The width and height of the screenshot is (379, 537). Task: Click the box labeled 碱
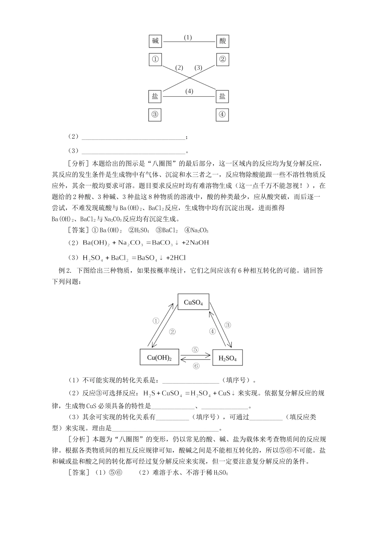(155, 41)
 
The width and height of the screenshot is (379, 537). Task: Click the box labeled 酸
(222, 41)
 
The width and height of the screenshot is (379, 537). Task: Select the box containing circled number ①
(155, 60)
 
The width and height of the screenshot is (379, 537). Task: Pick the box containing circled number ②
(222, 60)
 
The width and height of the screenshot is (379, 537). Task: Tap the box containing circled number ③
(155, 115)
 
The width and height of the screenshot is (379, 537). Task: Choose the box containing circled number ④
(222, 115)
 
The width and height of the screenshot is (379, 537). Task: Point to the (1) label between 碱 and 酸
(188, 38)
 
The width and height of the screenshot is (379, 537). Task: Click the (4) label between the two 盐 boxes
(189, 91)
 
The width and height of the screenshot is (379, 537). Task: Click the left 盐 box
(155, 96)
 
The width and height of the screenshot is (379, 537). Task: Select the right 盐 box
(222, 96)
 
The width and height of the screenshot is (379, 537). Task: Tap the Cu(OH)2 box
(159, 357)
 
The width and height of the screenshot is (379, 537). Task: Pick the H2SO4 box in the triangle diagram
(228, 358)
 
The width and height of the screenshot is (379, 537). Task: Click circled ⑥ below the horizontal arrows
(196, 366)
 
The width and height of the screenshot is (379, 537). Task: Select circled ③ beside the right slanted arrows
(227, 325)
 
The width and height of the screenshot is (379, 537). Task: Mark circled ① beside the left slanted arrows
(156, 320)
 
